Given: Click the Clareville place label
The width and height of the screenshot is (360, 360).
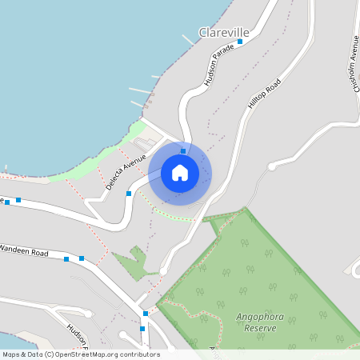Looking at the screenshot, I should [x=224, y=32].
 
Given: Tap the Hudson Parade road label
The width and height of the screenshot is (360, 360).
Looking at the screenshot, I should [x=218, y=65].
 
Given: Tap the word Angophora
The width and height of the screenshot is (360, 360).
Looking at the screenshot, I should [x=259, y=317].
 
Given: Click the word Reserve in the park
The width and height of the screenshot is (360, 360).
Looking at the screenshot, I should [x=259, y=327].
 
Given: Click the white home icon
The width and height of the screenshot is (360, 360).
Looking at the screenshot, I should [x=180, y=173].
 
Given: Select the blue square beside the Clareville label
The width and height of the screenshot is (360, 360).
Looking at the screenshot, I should [x=240, y=41].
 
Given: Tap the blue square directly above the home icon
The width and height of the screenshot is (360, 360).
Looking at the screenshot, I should [x=183, y=150].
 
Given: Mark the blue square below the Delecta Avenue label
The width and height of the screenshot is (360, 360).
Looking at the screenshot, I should [x=128, y=194].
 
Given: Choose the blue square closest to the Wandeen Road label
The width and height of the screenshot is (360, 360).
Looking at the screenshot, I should [x=66, y=259].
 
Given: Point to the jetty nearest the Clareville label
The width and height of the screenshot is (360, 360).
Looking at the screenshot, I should [x=187, y=38].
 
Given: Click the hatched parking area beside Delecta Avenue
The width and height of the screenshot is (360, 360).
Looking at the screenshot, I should [x=146, y=143].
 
